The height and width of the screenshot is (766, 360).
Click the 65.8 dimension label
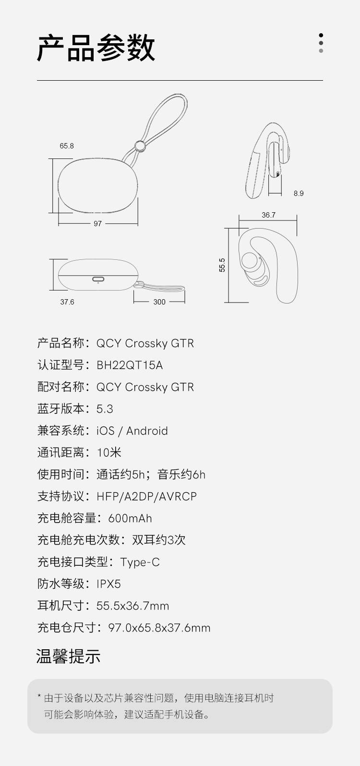coord(67,146)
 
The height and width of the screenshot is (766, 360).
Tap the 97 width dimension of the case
coord(97,224)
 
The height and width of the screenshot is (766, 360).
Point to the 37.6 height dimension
coord(67,302)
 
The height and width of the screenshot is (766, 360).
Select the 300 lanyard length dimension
coord(159,302)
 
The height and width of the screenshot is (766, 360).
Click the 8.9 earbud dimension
coord(299,194)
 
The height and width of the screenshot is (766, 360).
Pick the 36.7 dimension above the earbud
coord(268,215)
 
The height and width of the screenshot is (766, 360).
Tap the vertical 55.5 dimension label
coord(222,265)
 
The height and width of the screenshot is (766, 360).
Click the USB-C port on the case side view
coord(98,279)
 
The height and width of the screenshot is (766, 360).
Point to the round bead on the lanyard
coord(140,146)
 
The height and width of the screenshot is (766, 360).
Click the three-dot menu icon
coord(321,43)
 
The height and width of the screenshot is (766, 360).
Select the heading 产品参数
coord(96,48)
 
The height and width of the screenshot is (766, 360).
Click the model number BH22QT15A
coord(130,365)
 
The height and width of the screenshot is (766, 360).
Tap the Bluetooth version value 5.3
coord(105,409)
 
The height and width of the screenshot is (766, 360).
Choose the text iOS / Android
coord(132,431)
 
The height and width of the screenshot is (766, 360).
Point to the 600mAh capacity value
coord(130,518)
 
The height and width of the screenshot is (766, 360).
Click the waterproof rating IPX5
coord(108,584)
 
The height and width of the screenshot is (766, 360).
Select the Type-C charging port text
coord(140,562)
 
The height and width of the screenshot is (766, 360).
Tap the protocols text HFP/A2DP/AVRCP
coord(147,497)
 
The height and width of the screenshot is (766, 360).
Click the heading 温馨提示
coord(68,657)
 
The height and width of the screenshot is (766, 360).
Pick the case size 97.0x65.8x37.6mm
coord(159,628)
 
